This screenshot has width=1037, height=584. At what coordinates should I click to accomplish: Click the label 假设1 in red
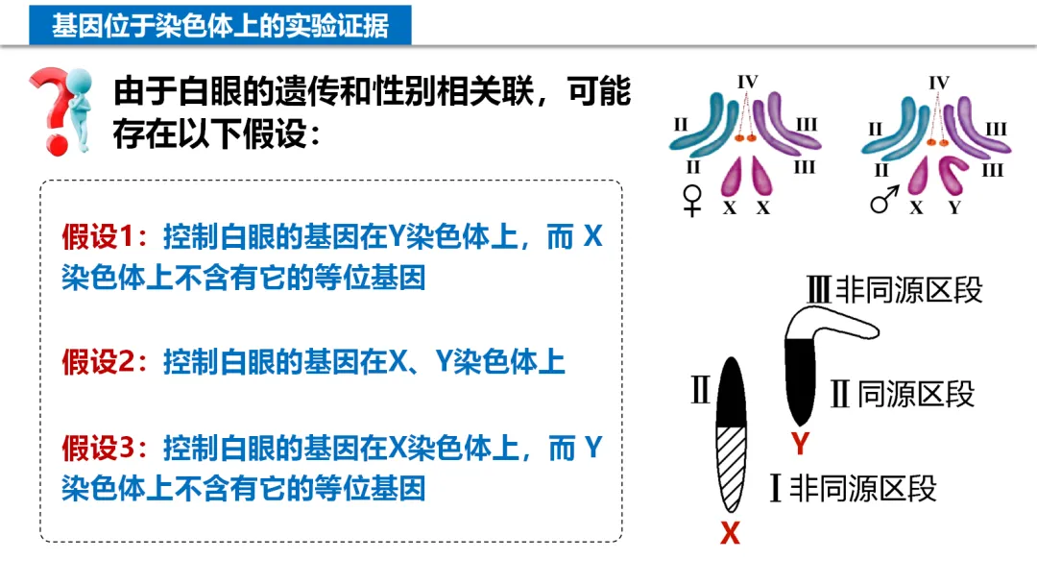tap(100, 236)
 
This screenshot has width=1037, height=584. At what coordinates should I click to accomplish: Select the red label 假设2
tap(100, 362)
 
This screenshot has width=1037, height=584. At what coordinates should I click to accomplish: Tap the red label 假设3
tap(100, 448)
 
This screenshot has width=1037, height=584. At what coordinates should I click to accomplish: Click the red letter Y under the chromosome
tap(799, 444)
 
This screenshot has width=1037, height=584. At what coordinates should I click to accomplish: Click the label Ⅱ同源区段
tap(902, 393)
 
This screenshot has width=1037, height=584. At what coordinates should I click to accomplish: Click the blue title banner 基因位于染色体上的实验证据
tap(220, 26)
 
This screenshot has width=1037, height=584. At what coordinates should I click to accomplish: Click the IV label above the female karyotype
tap(748, 83)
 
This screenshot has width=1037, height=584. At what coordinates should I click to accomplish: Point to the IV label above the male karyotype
tap(939, 83)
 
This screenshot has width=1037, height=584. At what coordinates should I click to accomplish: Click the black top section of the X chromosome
tap(732, 393)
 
